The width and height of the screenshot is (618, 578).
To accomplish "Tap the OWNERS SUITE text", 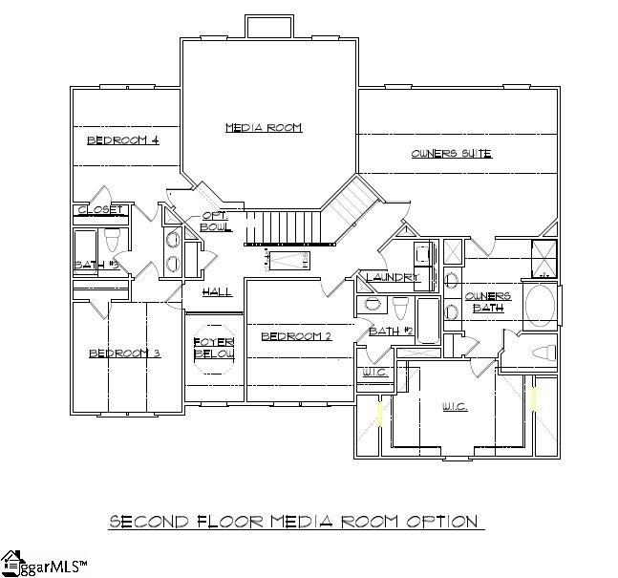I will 451,153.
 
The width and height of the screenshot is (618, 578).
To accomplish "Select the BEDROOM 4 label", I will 122,140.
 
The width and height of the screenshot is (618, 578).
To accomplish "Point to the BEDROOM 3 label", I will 124,353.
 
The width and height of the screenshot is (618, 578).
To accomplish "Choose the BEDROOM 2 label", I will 296,336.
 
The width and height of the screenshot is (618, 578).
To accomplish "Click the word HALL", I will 217,292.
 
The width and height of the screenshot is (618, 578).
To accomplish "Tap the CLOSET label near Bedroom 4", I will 101,209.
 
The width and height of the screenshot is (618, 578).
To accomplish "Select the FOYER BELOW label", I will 214,348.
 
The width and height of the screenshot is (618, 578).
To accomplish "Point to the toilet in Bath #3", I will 112,237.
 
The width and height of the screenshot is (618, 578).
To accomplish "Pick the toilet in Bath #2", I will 399,306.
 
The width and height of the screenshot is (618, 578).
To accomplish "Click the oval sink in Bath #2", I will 370,305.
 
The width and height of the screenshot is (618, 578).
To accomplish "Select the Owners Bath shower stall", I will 544,259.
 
